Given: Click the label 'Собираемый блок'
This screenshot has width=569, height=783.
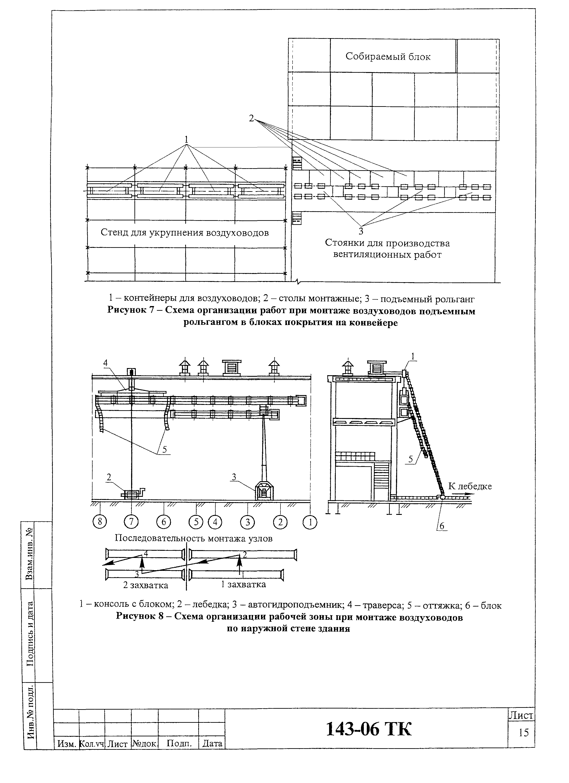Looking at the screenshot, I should pos(388,57).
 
